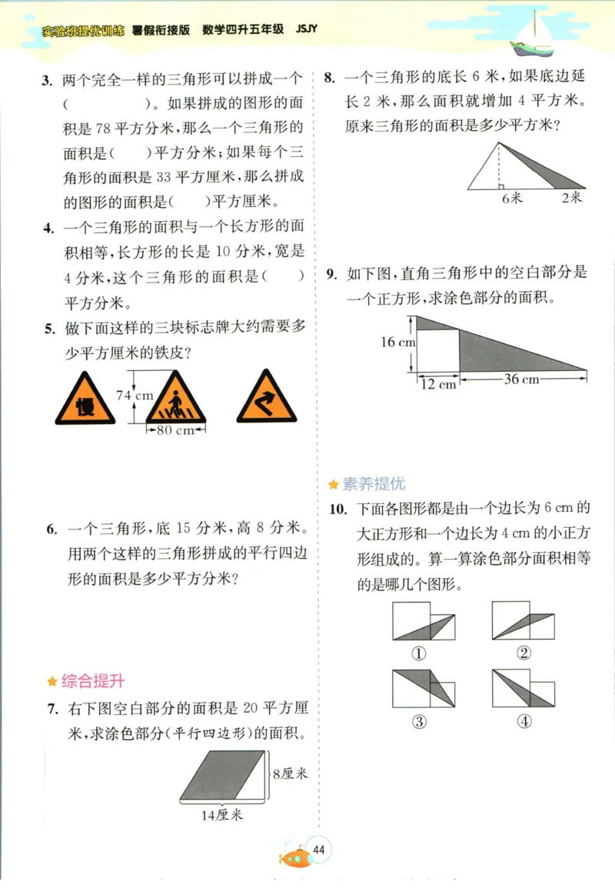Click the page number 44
tap(319, 850)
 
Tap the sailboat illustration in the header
tap(533, 34)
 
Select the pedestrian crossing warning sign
tap(176, 399)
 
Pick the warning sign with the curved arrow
tap(266, 399)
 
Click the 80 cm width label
tap(175, 431)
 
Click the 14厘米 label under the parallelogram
tap(222, 815)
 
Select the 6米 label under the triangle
tap(511, 198)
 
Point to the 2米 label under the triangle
tap(571, 198)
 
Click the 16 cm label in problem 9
tap(397, 342)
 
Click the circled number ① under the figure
tap(419, 653)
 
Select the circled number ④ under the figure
tap(524, 721)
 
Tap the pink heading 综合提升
tap(92, 680)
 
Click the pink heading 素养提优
tap(373, 484)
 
